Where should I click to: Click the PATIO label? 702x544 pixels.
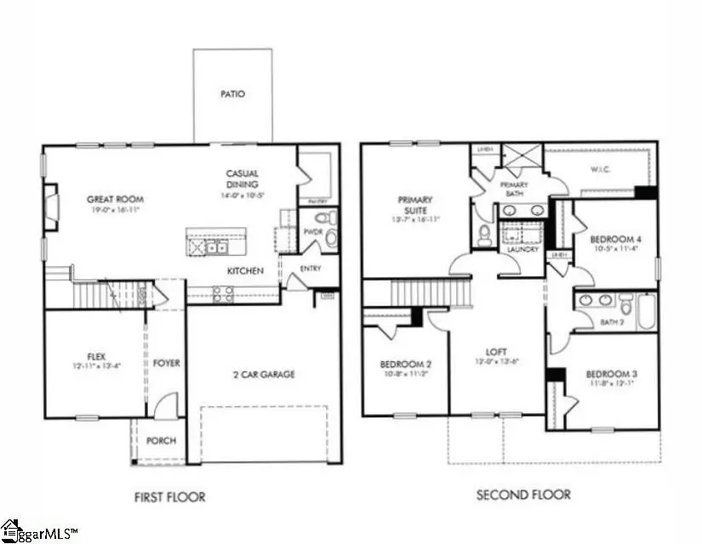tap(232, 94)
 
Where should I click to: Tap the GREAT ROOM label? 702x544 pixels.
tap(111, 200)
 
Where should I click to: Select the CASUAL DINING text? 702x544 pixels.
tap(243, 178)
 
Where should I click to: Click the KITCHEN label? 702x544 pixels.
tap(244, 271)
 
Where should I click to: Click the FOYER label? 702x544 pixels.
tap(166, 363)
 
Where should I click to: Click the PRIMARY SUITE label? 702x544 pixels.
tap(415, 205)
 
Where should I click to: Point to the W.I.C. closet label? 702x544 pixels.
tap(602, 168)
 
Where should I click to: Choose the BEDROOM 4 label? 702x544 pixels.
tap(614, 239)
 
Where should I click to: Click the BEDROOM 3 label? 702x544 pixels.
tap(610, 374)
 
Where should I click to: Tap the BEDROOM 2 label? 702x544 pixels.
tap(404, 365)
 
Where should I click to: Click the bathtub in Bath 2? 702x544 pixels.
tap(647, 312)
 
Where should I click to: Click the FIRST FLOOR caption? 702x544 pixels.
tap(170, 496)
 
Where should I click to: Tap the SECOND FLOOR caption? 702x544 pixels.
tap(523, 495)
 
